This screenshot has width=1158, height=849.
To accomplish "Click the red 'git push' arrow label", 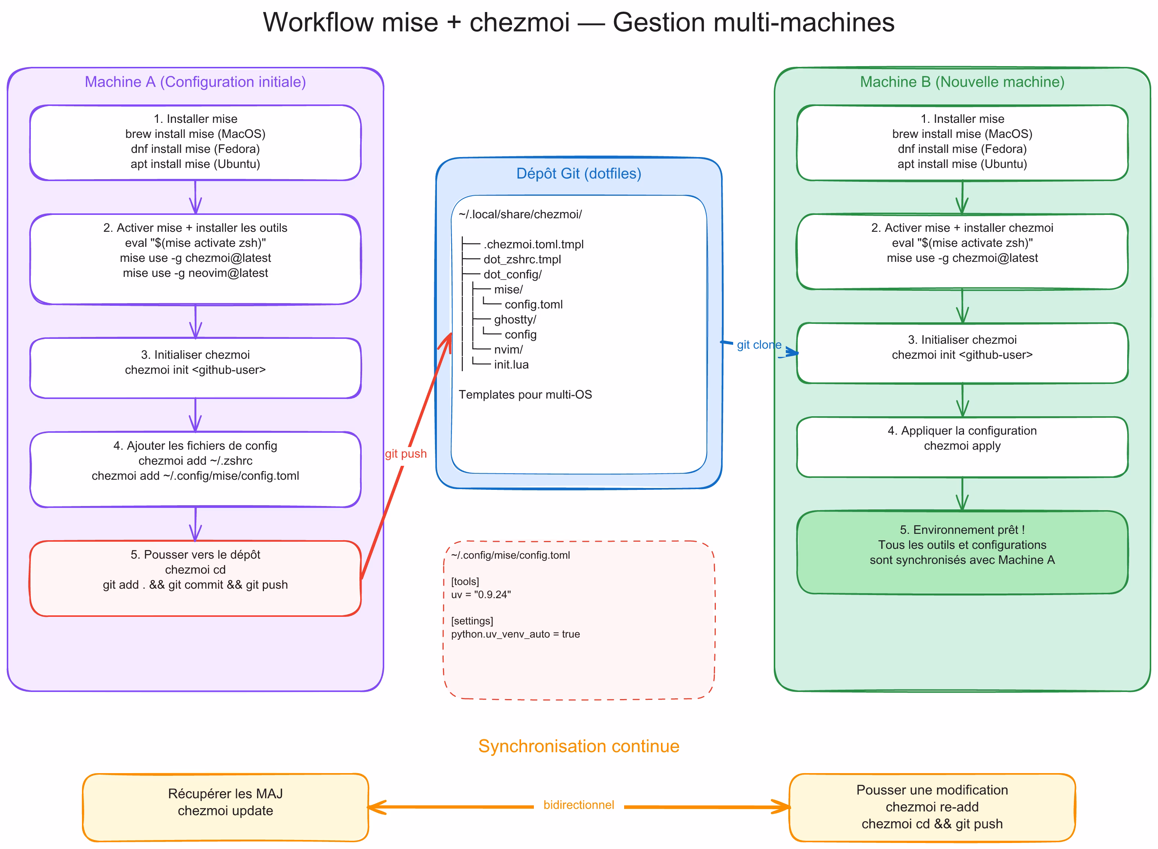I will (x=406, y=454).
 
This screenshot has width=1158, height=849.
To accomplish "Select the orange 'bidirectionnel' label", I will (x=579, y=805).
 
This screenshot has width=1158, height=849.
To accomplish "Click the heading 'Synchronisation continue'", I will (x=579, y=746).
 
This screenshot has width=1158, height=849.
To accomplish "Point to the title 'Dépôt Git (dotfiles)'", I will (x=579, y=174).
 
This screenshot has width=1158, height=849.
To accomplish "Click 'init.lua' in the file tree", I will (x=511, y=365).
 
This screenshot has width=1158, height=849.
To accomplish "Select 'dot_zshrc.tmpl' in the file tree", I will (x=522, y=260).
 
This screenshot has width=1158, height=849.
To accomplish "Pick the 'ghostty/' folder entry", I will (x=515, y=320).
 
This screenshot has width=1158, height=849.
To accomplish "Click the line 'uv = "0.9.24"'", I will (x=481, y=595).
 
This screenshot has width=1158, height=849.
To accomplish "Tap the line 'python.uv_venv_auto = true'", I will (x=515, y=634).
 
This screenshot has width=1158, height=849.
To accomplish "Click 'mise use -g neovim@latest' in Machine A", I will (x=196, y=273).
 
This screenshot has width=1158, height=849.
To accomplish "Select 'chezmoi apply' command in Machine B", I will (x=962, y=446).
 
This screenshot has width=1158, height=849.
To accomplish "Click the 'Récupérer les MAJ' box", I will (x=225, y=807).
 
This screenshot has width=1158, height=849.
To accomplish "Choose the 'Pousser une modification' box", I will (x=932, y=807).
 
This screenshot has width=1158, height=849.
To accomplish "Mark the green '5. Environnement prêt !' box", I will (x=962, y=552).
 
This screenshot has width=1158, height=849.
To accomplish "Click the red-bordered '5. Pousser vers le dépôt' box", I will (x=196, y=578).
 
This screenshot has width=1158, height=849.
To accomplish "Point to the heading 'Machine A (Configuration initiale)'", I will (x=196, y=82).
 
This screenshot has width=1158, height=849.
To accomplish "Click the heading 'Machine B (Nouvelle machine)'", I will (x=962, y=82).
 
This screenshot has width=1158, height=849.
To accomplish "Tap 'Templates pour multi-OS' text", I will (x=525, y=395).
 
